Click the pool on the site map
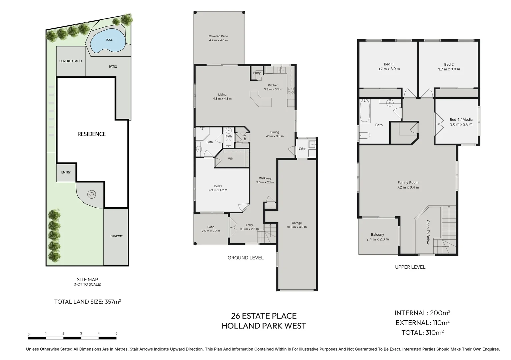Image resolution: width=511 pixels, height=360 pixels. click(108, 40)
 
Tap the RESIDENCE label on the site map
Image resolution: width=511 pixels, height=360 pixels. click(91, 134)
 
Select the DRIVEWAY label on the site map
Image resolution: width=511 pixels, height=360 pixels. click(116, 236)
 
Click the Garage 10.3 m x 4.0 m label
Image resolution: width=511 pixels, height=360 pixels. click(297, 225)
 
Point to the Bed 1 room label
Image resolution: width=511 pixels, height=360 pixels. click(218, 188)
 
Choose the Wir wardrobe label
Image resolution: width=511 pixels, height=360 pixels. click(230, 159)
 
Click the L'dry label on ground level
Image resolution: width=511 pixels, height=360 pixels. click(302, 149)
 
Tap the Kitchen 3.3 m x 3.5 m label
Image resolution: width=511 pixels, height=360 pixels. click(273, 87)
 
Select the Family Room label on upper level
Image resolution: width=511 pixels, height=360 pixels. click(408, 185)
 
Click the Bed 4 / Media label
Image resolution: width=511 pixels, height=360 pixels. click(461, 122)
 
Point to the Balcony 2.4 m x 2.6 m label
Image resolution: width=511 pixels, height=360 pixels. click(377, 237)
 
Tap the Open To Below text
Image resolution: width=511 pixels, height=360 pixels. click(428, 232)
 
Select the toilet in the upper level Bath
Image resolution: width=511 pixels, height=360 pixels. click(365, 135)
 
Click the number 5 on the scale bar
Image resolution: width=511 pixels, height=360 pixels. click(116, 333)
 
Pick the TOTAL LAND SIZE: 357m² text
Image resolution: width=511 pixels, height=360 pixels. click(87, 302)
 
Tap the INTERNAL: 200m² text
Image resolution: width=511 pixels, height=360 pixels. click(422, 313)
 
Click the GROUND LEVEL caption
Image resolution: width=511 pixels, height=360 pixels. click(245, 258)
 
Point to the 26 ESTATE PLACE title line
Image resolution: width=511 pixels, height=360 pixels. click(264, 316)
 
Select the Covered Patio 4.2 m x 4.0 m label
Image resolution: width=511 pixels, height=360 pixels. click(218, 38)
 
